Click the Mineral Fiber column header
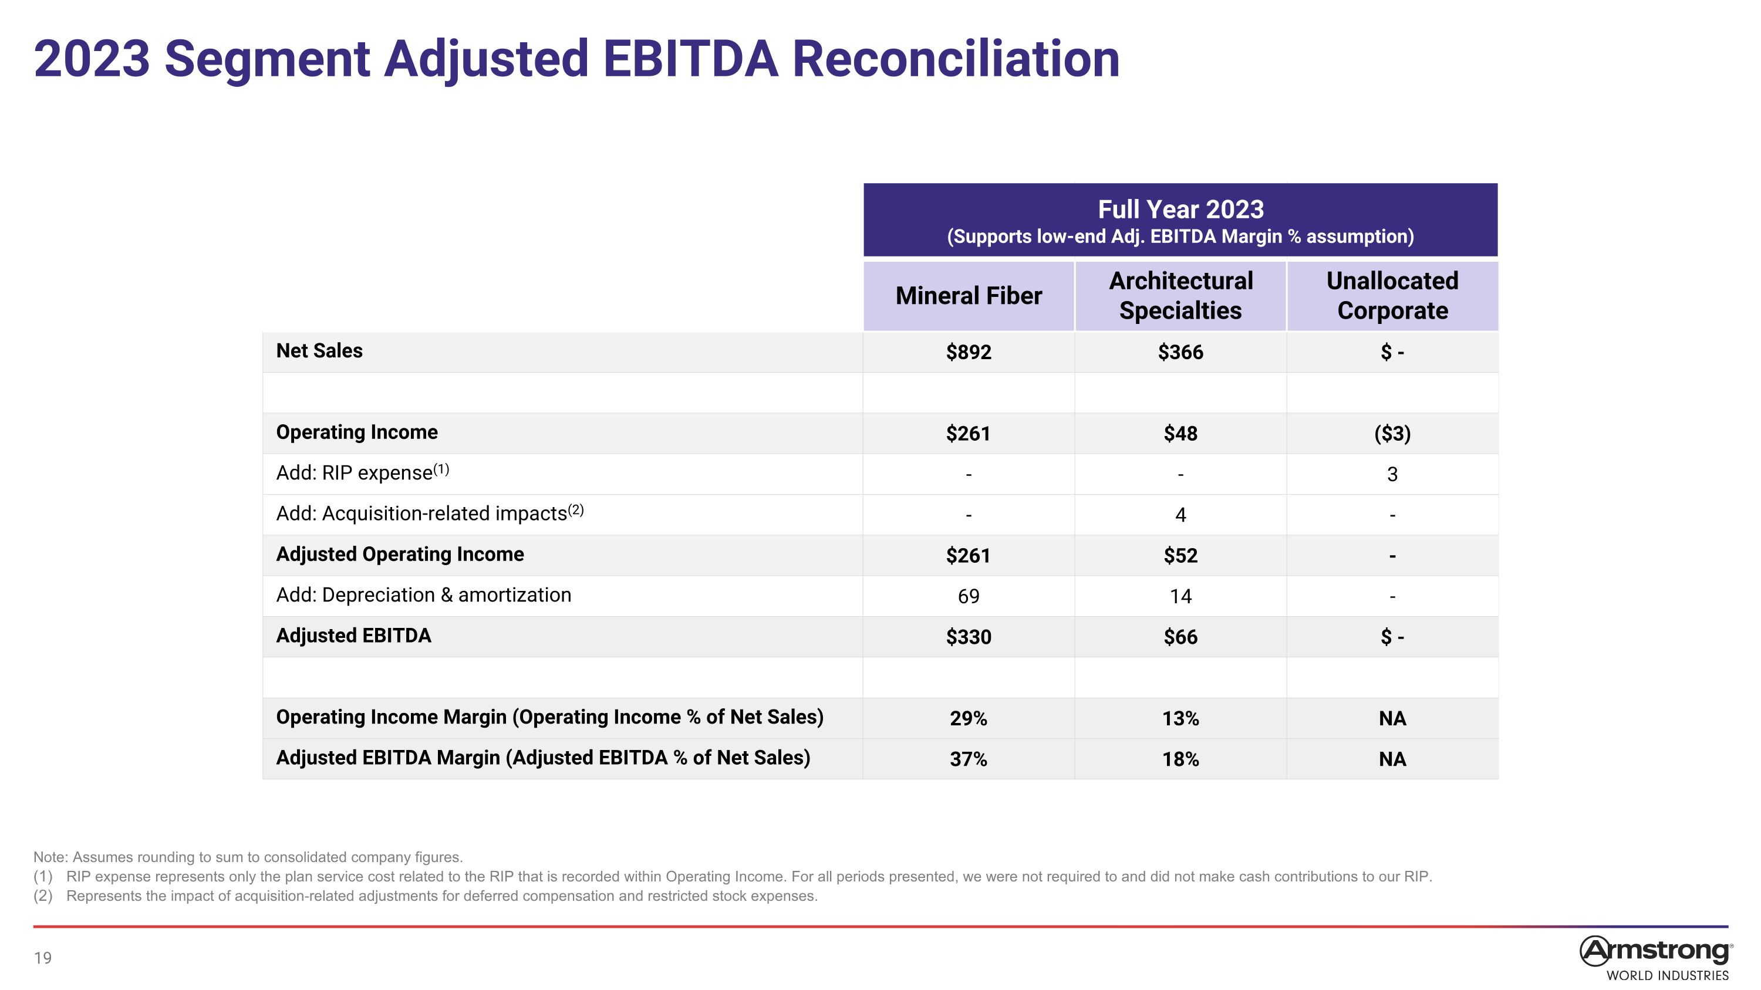pos(969,296)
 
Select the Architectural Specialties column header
pos(1180,296)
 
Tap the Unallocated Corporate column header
pos(1392,296)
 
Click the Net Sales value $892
pos(969,352)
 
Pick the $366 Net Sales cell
pos(1180,352)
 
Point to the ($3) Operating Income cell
pos(1392,433)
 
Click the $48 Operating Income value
pos(1180,433)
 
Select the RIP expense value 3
pos(1392,474)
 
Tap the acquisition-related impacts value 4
pos(1180,515)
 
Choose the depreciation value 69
pos(969,596)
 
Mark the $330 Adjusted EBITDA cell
pos(969,637)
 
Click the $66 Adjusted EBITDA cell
pos(1180,637)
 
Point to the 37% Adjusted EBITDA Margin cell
pos(969,759)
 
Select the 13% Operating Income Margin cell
pos(1180,718)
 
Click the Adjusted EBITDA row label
pos(353,636)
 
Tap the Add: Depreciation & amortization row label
pos(424,595)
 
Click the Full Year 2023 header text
pos(1180,209)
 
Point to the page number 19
pos(42,958)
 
